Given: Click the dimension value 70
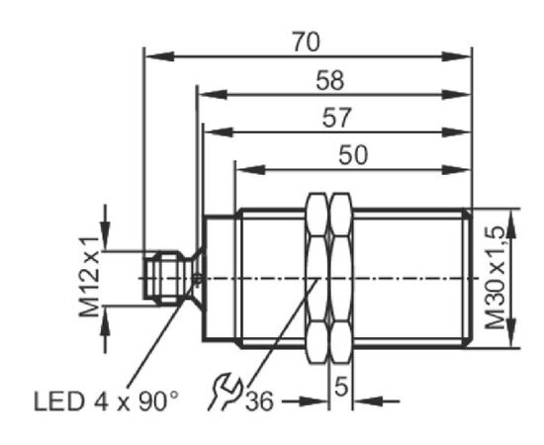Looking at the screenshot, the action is (306, 42).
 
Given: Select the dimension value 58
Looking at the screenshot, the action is (330, 80).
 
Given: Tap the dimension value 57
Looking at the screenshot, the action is (336, 118).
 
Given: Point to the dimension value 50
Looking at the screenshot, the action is (353, 154).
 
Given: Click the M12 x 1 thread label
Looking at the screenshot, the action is (89, 277).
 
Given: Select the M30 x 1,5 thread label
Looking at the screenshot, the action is (496, 278).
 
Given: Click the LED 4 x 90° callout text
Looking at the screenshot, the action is (107, 401).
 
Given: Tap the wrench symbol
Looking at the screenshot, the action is (225, 392).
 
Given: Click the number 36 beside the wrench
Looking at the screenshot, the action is (260, 401).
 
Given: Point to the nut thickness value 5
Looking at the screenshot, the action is (341, 386).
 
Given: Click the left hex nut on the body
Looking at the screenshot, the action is (317, 278).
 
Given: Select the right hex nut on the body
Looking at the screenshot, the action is (341, 278).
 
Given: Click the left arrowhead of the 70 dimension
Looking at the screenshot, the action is (160, 56).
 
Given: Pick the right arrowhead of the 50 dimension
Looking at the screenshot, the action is (456, 170).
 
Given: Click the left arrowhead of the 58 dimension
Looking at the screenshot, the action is (213, 94).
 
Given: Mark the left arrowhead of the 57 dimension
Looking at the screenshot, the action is (219, 133).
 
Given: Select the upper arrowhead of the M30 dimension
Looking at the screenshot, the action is (511, 223).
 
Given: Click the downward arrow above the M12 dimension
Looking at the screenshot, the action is (105, 236).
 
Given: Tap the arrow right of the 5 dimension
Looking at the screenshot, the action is (369, 401).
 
